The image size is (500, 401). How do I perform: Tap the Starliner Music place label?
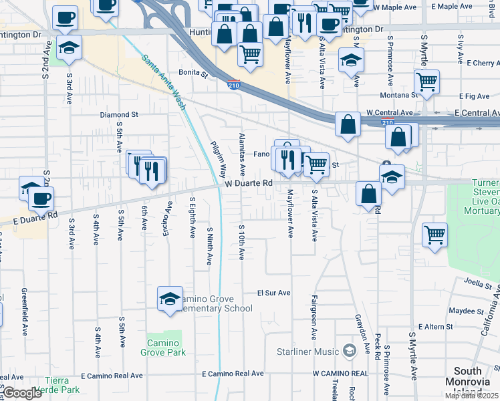[x=307, y=352]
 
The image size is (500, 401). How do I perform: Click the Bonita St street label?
[x=193, y=72]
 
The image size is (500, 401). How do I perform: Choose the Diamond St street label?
[x=119, y=114]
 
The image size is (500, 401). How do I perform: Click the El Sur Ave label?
[x=274, y=293]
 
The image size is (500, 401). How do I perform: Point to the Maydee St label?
[x=466, y=311]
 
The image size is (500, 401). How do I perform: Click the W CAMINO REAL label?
[x=340, y=374]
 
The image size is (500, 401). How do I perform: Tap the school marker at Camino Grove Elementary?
[x=170, y=299]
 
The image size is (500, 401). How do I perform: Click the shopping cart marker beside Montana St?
[x=426, y=83]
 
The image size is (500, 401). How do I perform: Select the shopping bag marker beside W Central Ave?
[x=348, y=124]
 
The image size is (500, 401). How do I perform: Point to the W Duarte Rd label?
[x=249, y=182]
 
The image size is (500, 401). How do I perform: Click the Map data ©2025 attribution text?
[x=471, y=396]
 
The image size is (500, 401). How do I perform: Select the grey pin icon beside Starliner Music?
[x=348, y=350]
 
